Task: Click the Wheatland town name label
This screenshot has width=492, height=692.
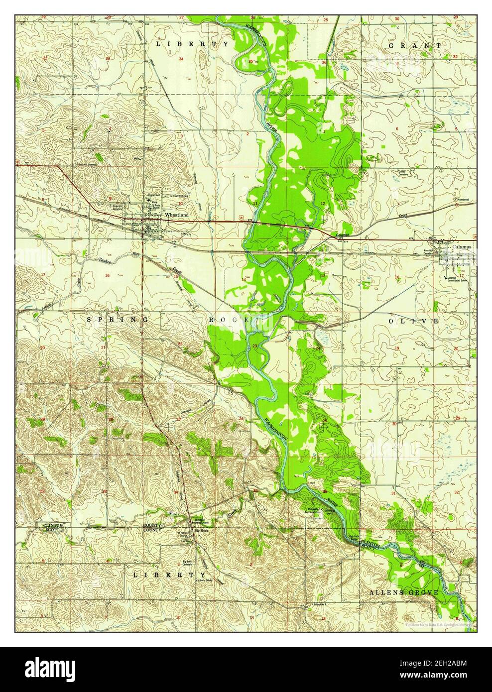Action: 177,215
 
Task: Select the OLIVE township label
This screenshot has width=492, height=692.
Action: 413,321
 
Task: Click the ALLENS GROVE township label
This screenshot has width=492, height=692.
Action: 404,592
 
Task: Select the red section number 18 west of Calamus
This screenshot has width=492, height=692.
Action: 397,277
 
